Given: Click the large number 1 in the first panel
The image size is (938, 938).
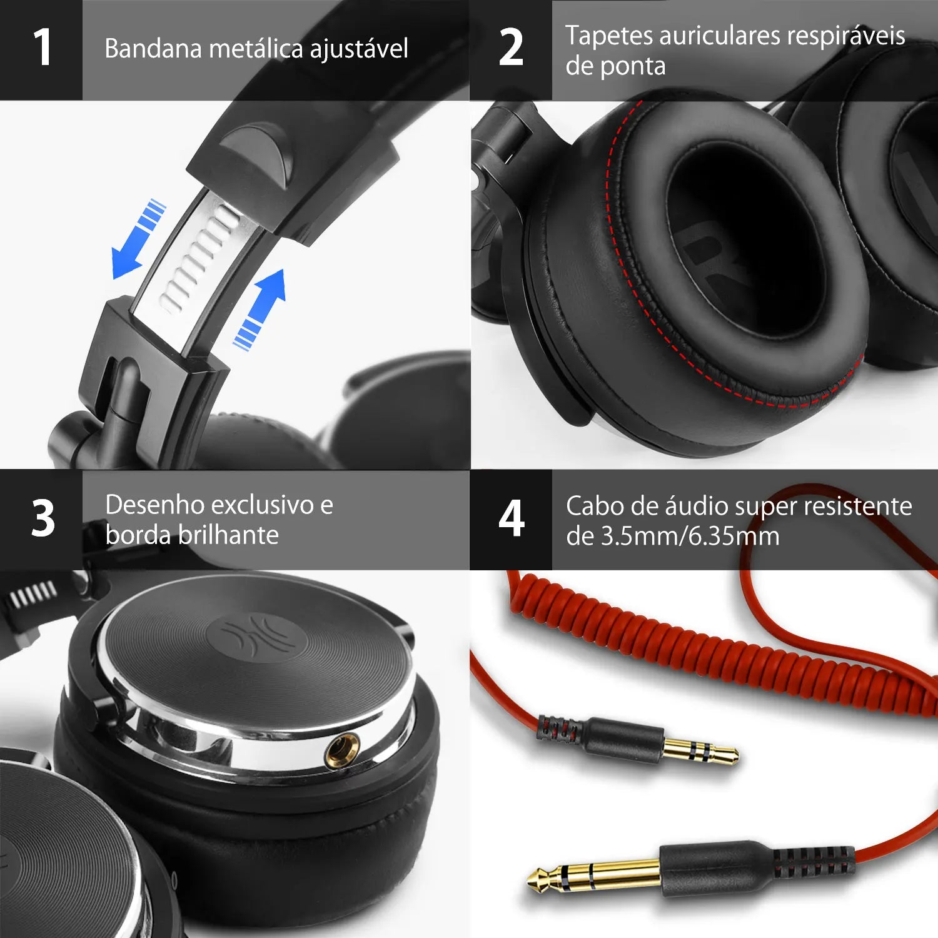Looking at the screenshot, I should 42,48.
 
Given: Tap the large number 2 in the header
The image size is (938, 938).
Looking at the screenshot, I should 511,48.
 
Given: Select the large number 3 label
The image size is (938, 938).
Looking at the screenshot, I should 43,519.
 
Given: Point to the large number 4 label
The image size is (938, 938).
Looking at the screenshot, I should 511,519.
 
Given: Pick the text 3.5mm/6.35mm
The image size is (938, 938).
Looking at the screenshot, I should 690,537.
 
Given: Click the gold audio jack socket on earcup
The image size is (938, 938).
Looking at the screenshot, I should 342,749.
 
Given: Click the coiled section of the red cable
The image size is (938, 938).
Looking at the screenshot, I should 688,650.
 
